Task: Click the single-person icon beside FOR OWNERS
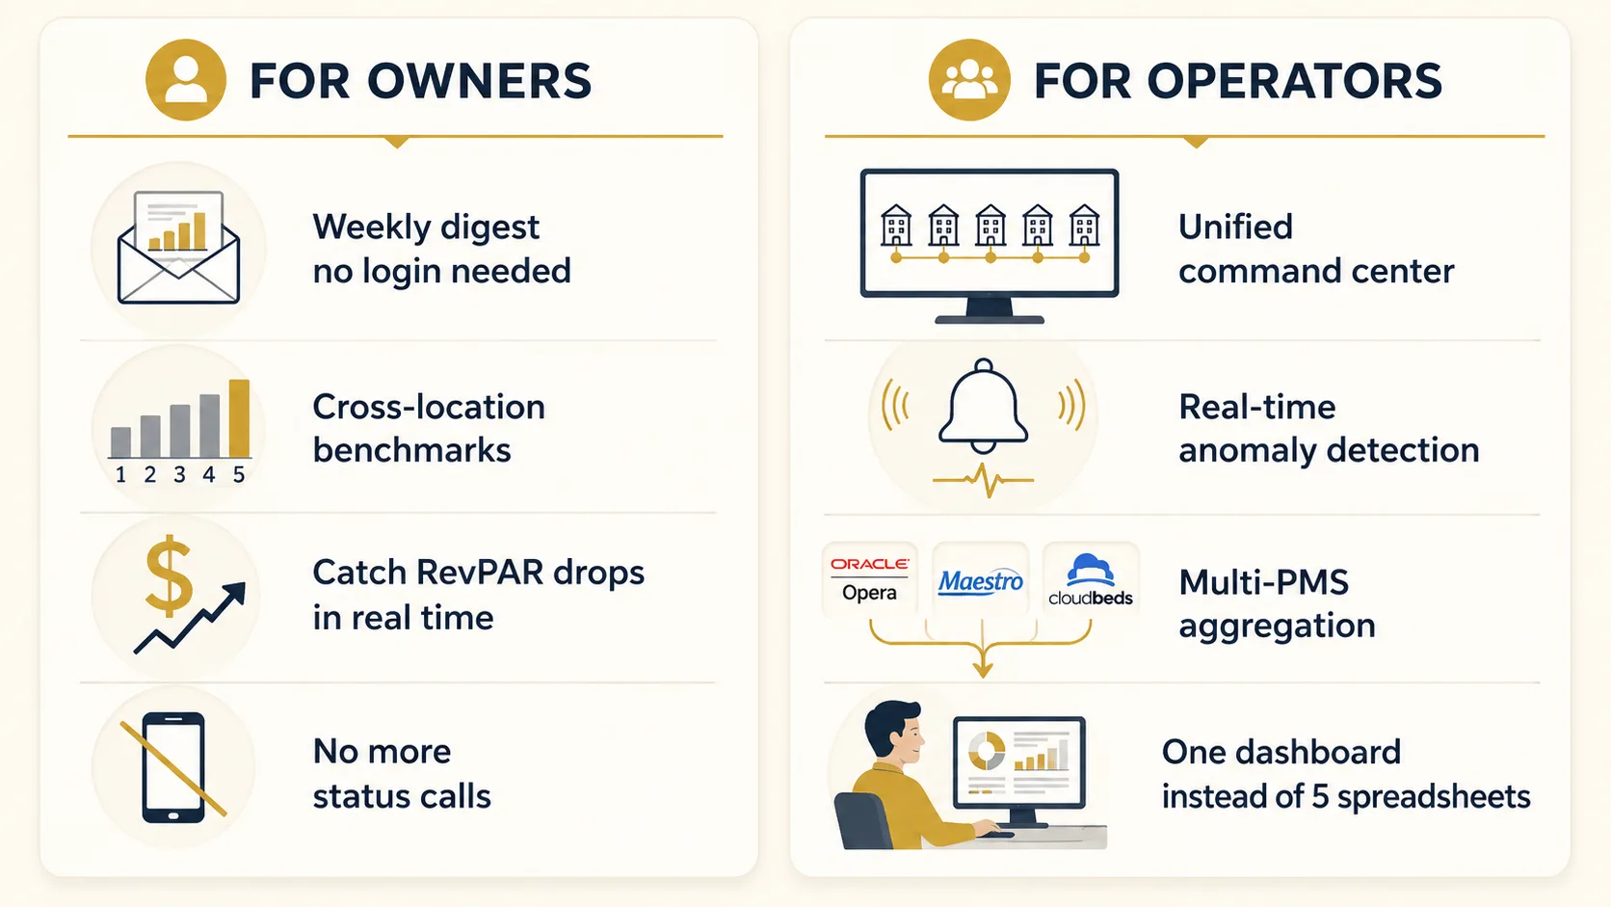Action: [186, 80]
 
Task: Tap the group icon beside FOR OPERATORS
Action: [968, 80]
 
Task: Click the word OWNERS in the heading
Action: [479, 81]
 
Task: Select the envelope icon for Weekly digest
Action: [178, 248]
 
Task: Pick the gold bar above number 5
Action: [239, 418]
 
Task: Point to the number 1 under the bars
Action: [120, 475]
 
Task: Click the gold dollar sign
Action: [169, 576]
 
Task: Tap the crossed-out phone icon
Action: [173, 767]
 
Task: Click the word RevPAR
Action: [478, 573]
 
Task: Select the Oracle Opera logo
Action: [869, 579]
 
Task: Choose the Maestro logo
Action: [980, 580]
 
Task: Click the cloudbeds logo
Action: [1091, 579]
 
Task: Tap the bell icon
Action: [983, 407]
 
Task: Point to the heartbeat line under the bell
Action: [983, 480]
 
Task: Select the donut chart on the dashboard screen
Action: [987, 752]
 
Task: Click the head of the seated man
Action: [894, 735]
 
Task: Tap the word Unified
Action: [1235, 227]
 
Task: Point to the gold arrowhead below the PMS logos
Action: [983, 669]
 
